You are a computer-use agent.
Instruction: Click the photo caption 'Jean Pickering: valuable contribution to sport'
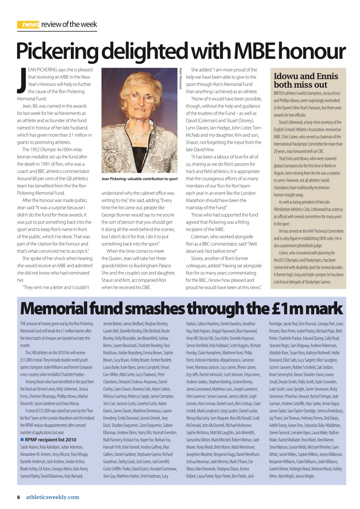[139, 179]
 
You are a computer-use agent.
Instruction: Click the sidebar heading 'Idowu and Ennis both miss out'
[306, 80]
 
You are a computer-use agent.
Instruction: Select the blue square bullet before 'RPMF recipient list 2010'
[22, 440]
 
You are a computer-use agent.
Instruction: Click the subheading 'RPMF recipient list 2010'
[51, 440]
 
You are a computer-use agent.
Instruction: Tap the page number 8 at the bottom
[18, 497]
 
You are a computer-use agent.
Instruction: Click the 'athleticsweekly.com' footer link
[53, 497]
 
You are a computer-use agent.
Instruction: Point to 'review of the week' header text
[69, 25]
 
